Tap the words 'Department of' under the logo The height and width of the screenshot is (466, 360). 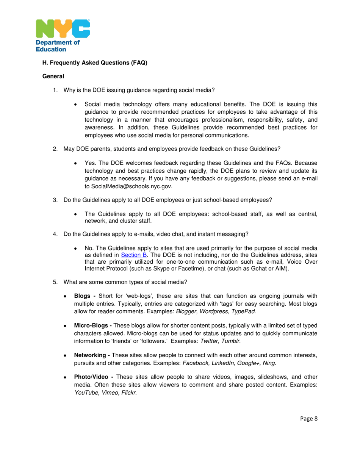tap(57, 43)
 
